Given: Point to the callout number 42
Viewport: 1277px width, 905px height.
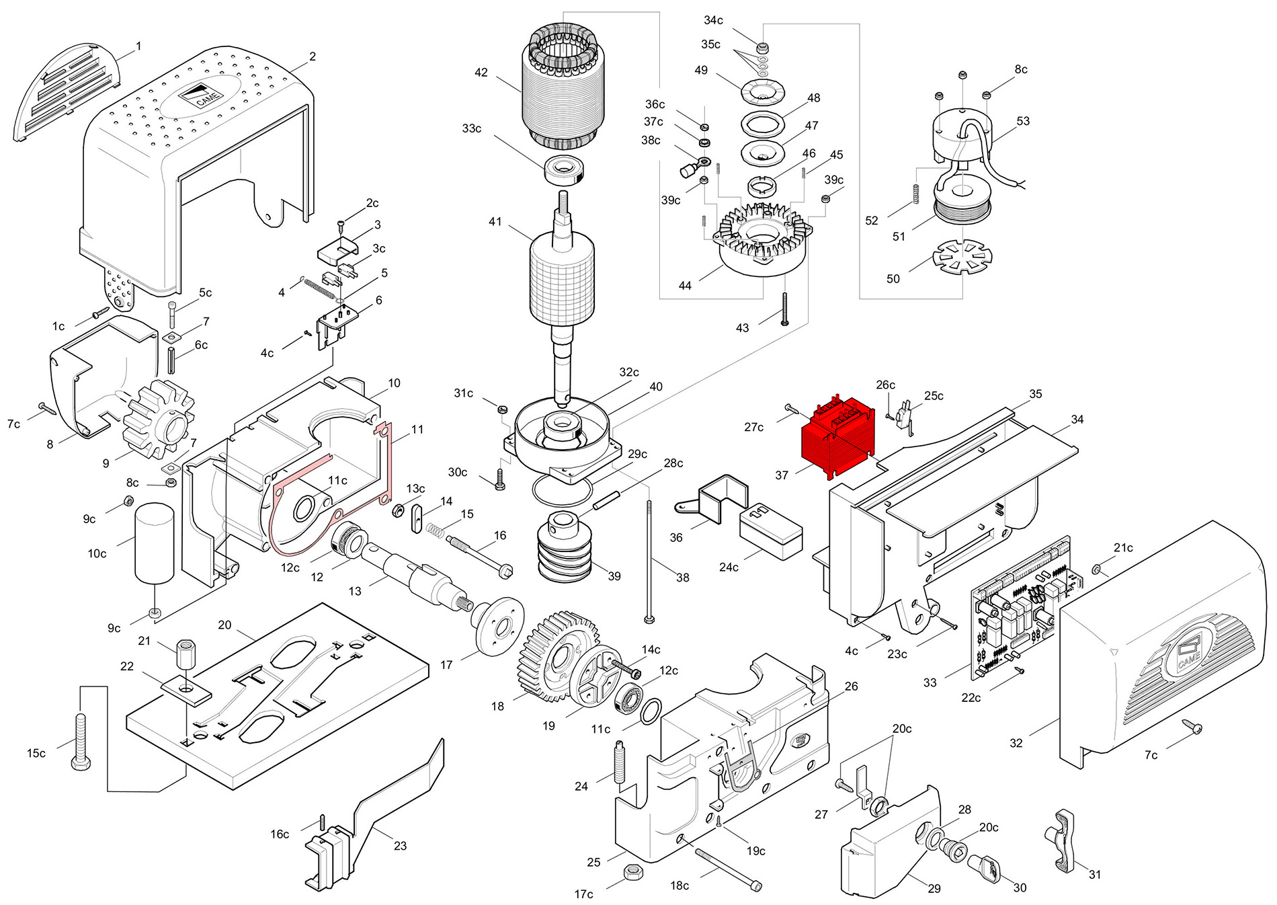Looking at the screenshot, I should tap(481, 73).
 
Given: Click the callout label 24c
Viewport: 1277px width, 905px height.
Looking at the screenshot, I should tap(729, 567).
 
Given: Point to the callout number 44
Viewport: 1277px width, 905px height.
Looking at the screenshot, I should tap(685, 286).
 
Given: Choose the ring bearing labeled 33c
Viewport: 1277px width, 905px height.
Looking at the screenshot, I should tap(565, 169).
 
